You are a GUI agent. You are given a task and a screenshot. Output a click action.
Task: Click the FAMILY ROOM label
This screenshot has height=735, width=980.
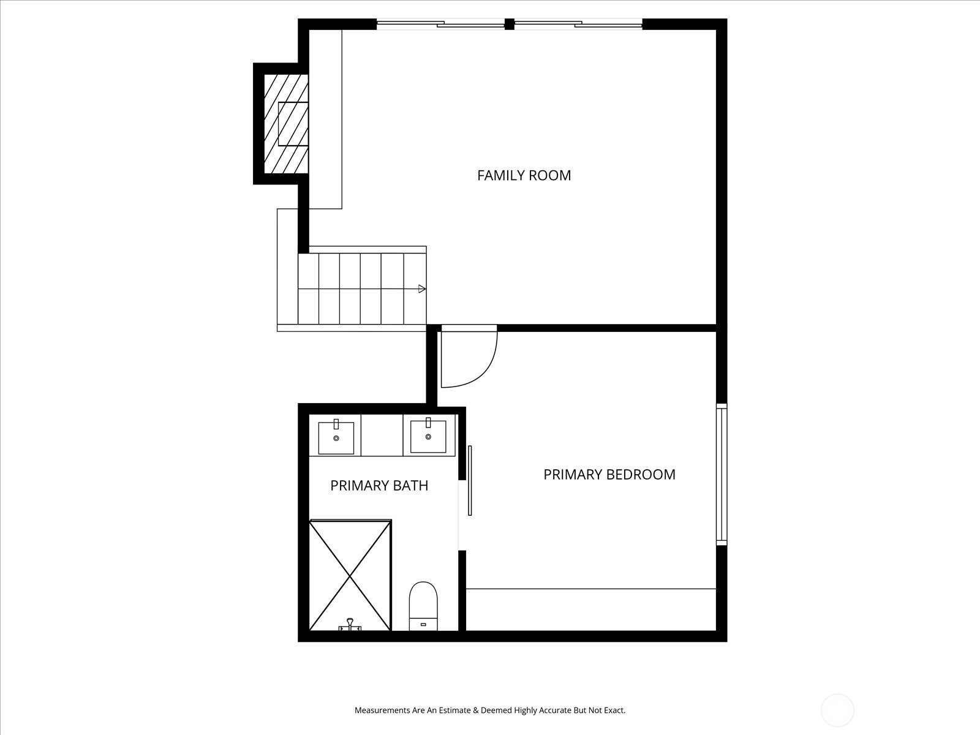tap(524, 175)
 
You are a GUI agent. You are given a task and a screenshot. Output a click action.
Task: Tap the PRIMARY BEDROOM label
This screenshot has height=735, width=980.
tap(609, 474)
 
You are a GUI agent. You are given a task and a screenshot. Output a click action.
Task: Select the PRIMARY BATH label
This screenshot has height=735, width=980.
tap(379, 486)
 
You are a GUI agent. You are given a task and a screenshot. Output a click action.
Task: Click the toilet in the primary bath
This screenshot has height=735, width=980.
tap(423, 606)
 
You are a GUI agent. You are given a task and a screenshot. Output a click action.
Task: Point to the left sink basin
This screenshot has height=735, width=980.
tap(336, 438)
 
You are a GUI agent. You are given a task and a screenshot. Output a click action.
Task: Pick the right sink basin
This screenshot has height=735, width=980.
tap(428, 437)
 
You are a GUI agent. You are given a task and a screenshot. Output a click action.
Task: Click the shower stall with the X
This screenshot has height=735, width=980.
tap(350, 575)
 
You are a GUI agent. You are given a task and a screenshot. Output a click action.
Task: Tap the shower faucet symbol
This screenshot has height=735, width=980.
tap(350, 625)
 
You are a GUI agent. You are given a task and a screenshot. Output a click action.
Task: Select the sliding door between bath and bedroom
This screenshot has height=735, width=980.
tap(470, 481)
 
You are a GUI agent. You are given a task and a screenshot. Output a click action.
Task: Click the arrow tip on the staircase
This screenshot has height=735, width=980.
tap(425, 288)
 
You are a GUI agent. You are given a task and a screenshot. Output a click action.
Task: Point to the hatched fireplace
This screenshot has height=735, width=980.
tap(286, 124)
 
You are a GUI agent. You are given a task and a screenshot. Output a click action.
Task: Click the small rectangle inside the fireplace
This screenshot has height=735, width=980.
tap(293, 124)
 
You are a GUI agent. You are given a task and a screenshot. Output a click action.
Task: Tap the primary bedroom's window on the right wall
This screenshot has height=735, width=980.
tap(722, 474)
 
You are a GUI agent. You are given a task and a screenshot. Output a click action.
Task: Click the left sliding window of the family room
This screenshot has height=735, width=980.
tap(440, 24)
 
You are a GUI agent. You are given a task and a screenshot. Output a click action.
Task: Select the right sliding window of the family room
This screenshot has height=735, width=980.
tap(578, 24)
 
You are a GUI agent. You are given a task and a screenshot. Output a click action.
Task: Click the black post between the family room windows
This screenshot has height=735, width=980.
tap(510, 24)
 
